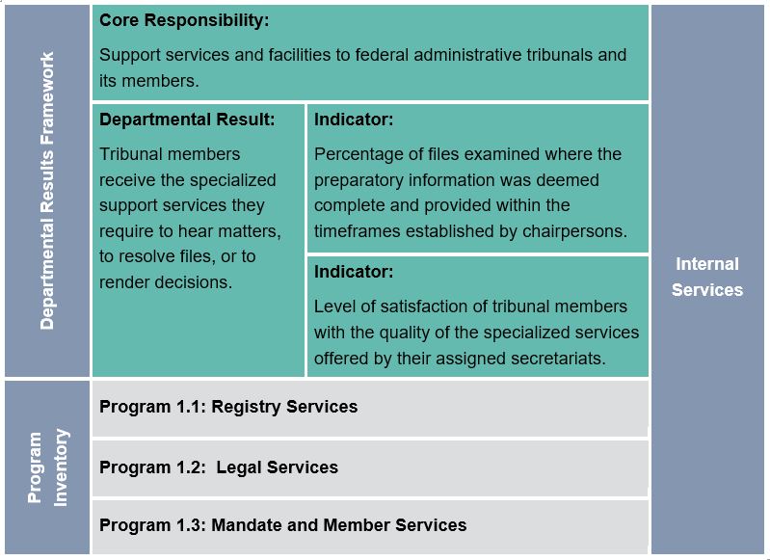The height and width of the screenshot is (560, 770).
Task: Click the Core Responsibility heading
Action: pyautogui.click(x=184, y=20)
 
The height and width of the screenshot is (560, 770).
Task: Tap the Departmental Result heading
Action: pyautogui.click(x=187, y=120)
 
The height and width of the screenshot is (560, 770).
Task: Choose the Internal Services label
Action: pyautogui.click(x=707, y=277)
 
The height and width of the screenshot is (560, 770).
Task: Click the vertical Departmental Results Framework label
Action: pyautogui.click(x=47, y=191)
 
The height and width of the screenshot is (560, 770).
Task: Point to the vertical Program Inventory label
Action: pyautogui.click(x=47, y=467)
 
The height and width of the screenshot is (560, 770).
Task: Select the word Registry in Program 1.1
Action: pyautogui.click(x=244, y=407)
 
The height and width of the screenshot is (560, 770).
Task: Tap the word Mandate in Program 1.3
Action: pyautogui.click(x=245, y=525)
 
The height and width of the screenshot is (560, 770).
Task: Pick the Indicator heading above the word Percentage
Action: pyautogui.click(x=354, y=120)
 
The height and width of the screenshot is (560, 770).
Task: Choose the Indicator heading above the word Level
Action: pyautogui.click(x=354, y=272)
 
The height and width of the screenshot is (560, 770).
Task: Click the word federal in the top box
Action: pyautogui.click(x=367, y=55)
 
